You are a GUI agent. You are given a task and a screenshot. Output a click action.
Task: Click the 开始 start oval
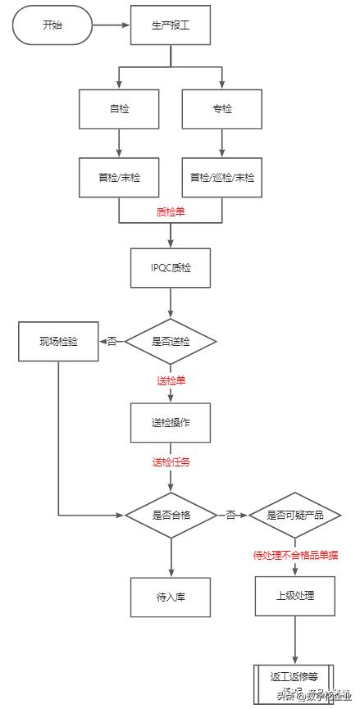click(x=52, y=25)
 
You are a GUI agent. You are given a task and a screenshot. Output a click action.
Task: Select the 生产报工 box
click(x=171, y=25)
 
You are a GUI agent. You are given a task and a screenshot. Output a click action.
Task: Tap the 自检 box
click(x=120, y=108)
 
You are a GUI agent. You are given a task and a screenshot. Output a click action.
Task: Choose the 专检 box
click(x=221, y=108)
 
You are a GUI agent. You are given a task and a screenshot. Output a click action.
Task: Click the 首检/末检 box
click(x=120, y=176)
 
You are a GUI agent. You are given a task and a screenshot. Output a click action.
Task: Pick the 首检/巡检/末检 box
click(x=221, y=176)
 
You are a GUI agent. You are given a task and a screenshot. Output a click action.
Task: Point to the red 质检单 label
click(x=171, y=211)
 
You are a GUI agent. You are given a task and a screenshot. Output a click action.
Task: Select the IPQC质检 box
click(x=171, y=267)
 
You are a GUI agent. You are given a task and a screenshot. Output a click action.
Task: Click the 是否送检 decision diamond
click(x=171, y=341)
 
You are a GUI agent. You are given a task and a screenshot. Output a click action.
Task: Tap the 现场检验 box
click(x=58, y=341)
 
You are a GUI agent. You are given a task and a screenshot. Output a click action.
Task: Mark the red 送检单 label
click(x=171, y=381)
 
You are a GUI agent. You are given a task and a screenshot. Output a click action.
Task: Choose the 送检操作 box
click(x=171, y=422)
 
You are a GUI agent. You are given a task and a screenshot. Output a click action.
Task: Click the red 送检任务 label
click(x=171, y=461)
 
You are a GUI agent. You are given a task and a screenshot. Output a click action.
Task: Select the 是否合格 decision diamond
click(x=171, y=515)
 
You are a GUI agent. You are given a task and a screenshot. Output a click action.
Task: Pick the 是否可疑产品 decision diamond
click(x=294, y=515)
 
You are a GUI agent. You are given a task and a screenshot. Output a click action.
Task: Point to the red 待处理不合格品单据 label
click(x=295, y=555)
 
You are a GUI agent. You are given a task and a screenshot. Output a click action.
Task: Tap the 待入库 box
click(x=171, y=597)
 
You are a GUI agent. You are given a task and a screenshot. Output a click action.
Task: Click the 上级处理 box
click(x=295, y=596)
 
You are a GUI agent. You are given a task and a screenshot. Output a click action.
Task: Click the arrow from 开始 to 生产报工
click(x=111, y=25)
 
